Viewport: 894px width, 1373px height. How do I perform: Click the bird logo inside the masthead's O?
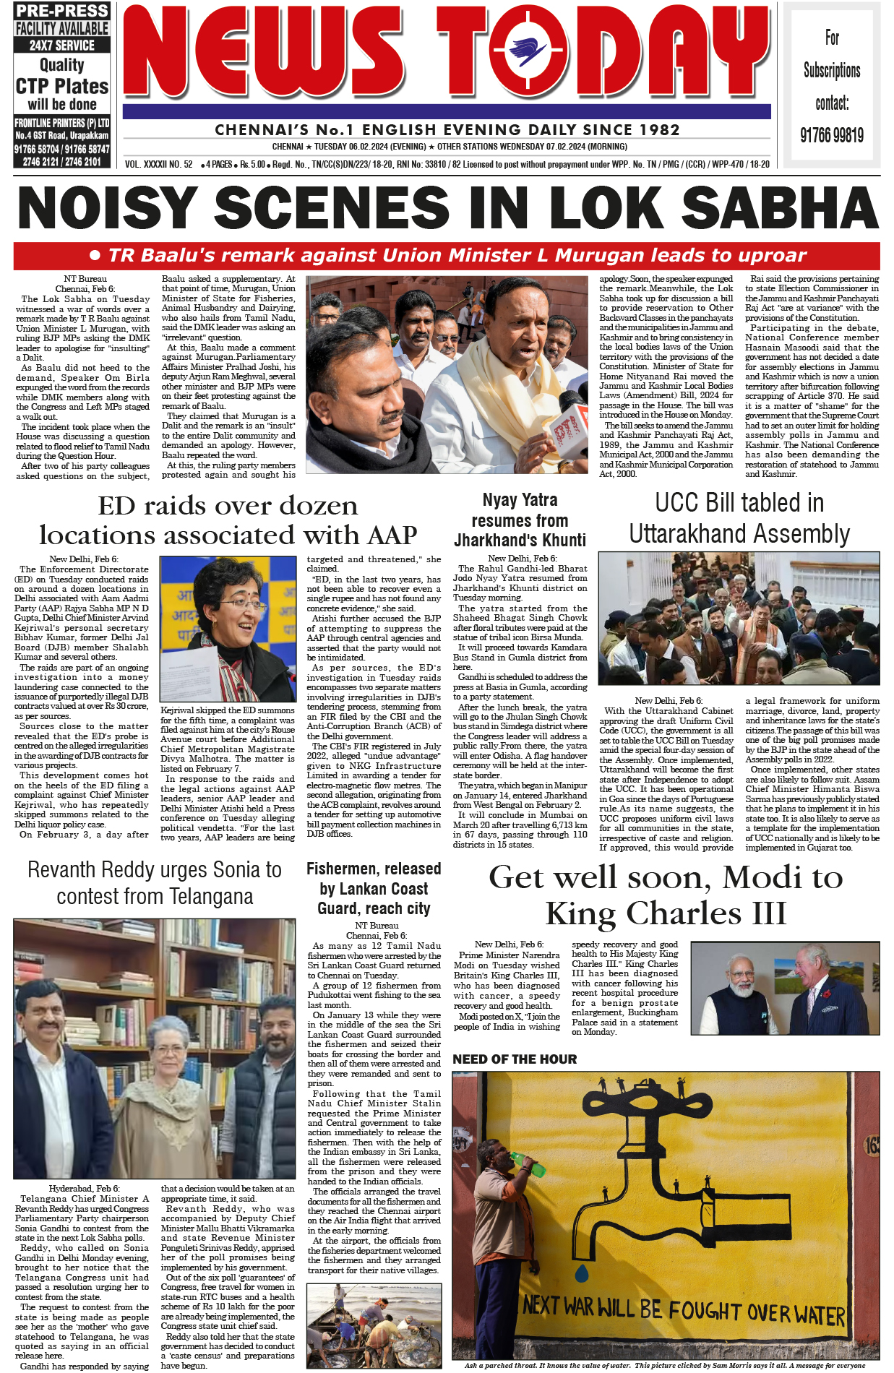[x=528, y=51]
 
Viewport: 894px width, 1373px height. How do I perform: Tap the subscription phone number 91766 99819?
[x=831, y=135]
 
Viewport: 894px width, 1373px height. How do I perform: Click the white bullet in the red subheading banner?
[x=95, y=256]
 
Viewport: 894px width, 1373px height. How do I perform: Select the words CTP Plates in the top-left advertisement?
[x=62, y=87]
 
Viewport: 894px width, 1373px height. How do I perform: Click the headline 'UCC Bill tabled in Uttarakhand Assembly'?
[x=739, y=518]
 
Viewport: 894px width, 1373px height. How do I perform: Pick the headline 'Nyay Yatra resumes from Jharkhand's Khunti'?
[x=520, y=520]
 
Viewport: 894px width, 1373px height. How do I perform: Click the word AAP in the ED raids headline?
[x=388, y=535]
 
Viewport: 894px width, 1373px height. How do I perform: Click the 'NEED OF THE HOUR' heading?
[x=515, y=1059]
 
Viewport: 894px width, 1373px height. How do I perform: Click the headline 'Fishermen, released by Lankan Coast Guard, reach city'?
[x=374, y=888]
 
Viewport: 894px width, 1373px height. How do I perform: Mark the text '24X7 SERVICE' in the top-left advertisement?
[x=62, y=45]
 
